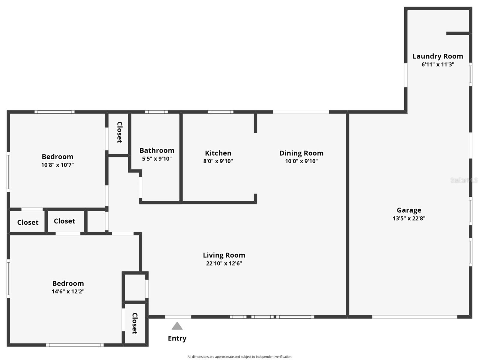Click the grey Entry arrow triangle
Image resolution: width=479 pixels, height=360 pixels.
(177, 326)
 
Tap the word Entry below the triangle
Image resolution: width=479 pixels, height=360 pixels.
(177, 338)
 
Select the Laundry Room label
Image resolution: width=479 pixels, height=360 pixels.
(438, 56)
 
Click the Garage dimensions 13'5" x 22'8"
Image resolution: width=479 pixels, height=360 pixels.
(409, 218)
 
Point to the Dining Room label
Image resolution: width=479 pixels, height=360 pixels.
(301, 153)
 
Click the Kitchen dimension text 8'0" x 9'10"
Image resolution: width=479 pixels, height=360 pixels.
(218, 161)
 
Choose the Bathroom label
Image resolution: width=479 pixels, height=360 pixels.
(157, 150)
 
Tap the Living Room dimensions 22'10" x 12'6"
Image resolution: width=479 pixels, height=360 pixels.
(224, 263)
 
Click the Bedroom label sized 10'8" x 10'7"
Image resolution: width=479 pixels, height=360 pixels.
(57, 157)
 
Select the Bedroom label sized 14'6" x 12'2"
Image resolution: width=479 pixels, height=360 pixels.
(68, 283)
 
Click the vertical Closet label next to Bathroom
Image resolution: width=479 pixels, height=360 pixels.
(119, 132)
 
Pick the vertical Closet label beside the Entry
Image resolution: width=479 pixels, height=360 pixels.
(135, 323)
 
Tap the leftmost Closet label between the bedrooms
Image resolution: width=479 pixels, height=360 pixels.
(28, 222)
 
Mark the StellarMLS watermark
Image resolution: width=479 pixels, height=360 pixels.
(464, 180)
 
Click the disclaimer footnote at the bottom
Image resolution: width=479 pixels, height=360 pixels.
(239, 357)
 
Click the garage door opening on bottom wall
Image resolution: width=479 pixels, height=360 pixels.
(415, 317)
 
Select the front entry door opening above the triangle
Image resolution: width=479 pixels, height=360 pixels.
(178, 317)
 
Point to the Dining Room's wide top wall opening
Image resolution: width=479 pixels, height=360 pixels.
(301, 112)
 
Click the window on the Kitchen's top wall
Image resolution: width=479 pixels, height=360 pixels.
(220, 112)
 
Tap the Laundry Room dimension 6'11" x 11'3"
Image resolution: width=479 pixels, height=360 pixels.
(438, 64)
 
